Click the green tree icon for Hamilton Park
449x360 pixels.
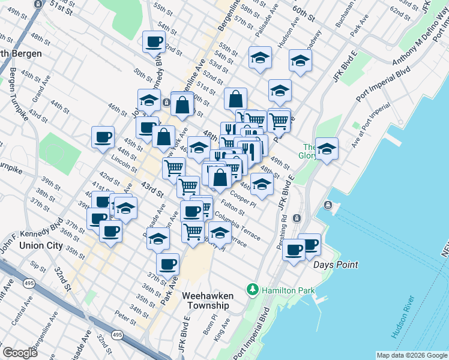(x=254, y=290)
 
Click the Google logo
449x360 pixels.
(x=20, y=353)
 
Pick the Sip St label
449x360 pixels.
(x=38, y=266)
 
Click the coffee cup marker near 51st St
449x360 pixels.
(x=153, y=43)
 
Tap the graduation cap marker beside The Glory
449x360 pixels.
(x=327, y=148)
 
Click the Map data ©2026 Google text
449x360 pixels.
(x=412, y=355)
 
